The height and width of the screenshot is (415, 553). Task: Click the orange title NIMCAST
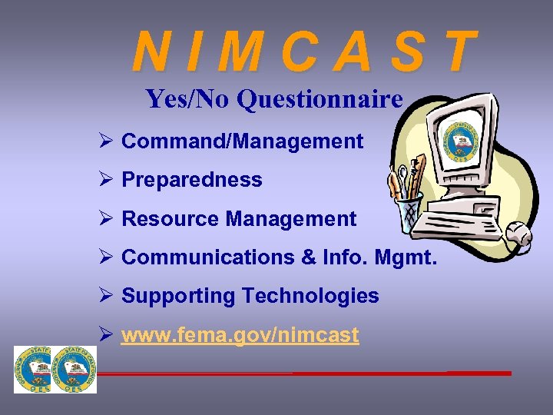(x=304, y=51)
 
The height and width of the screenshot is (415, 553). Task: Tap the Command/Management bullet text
(x=242, y=141)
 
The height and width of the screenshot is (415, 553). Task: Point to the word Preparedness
(x=191, y=180)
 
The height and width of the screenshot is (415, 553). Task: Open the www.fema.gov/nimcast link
(x=240, y=335)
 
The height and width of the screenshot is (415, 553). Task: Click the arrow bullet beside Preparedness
(x=107, y=180)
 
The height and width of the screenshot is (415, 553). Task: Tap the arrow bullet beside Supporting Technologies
(x=107, y=296)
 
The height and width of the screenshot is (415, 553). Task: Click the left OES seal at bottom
(x=35, y=370)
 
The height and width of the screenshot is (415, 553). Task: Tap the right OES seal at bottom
(x=75, y=370)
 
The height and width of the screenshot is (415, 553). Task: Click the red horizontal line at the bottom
(x=307, y=373)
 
